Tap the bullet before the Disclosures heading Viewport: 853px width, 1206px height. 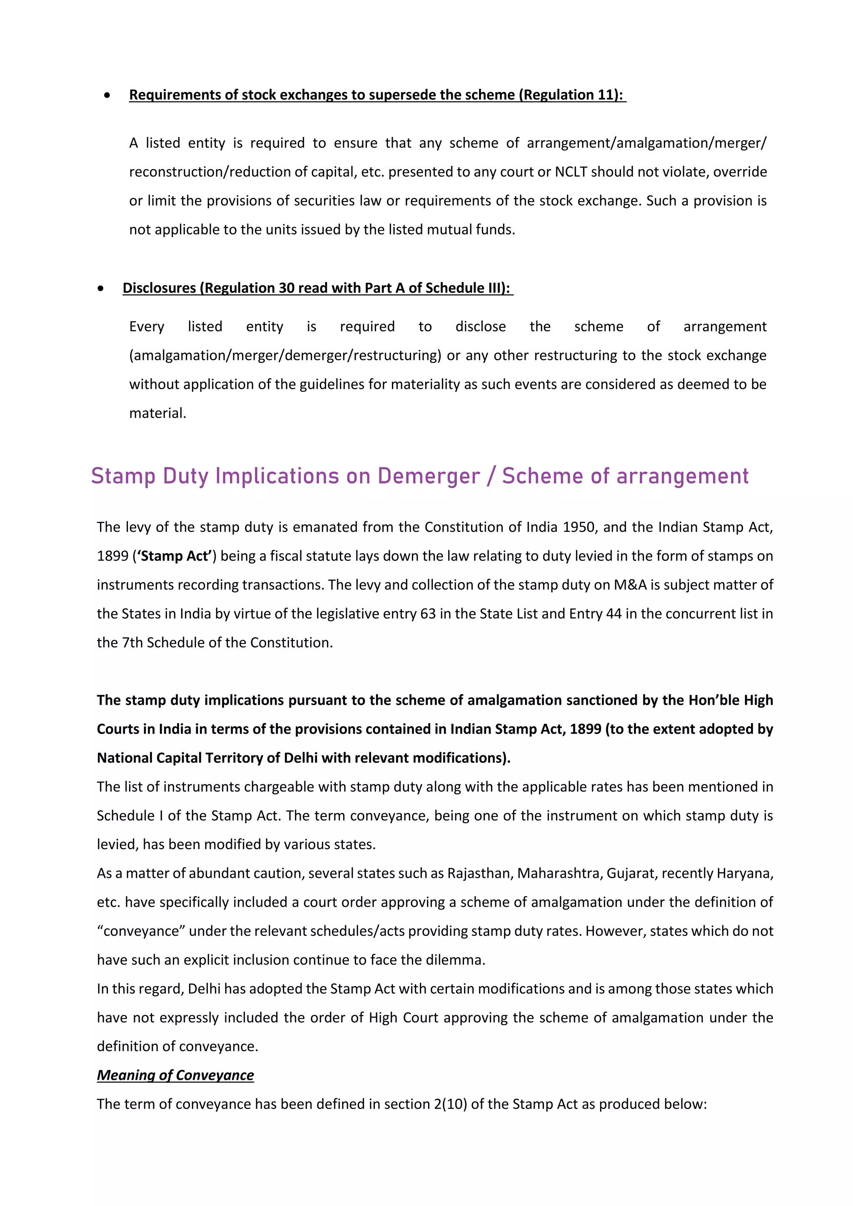pyautogui.click(x=100, y=288)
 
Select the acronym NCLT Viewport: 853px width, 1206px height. pyautogui.click(x=571, y=172)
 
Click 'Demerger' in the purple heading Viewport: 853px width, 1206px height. pyautogui.click(x=429, y=476)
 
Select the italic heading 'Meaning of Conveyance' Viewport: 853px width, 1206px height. pyautogui.click(x=175, y=1075)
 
